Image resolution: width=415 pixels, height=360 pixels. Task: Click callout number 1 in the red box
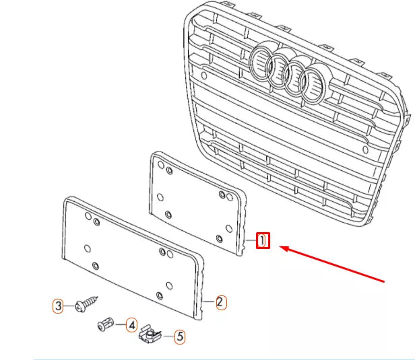pyautogui.click(x=263, y=240)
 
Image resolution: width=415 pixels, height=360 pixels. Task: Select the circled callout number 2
pyautogui.click(x=220, y=302)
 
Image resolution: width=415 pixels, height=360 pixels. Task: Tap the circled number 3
pyautogui.click(x=59, y=306)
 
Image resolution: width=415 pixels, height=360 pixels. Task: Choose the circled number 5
pyautogui.click(x=179, y=336)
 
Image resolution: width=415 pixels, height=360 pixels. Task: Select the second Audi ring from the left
pyautogui.click(x=278, y=71)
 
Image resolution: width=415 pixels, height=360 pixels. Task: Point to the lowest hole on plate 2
pyautogui.click(x=159, y=296)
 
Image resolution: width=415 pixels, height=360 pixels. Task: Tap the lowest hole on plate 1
pyautogui.click(x=220, y=239)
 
